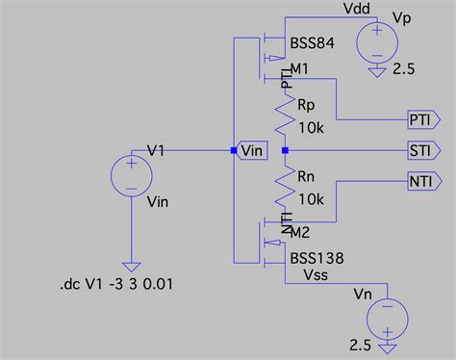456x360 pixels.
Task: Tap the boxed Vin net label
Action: click(252, 151)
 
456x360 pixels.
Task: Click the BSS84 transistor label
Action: click(314, 45)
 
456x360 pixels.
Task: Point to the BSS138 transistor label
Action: click(317, 258)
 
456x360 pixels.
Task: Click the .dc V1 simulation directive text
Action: click(116, 285)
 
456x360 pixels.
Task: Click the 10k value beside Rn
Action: click(312, 199)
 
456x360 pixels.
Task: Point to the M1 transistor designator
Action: click(300, 67)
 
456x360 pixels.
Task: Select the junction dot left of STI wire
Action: click(285, 151)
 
